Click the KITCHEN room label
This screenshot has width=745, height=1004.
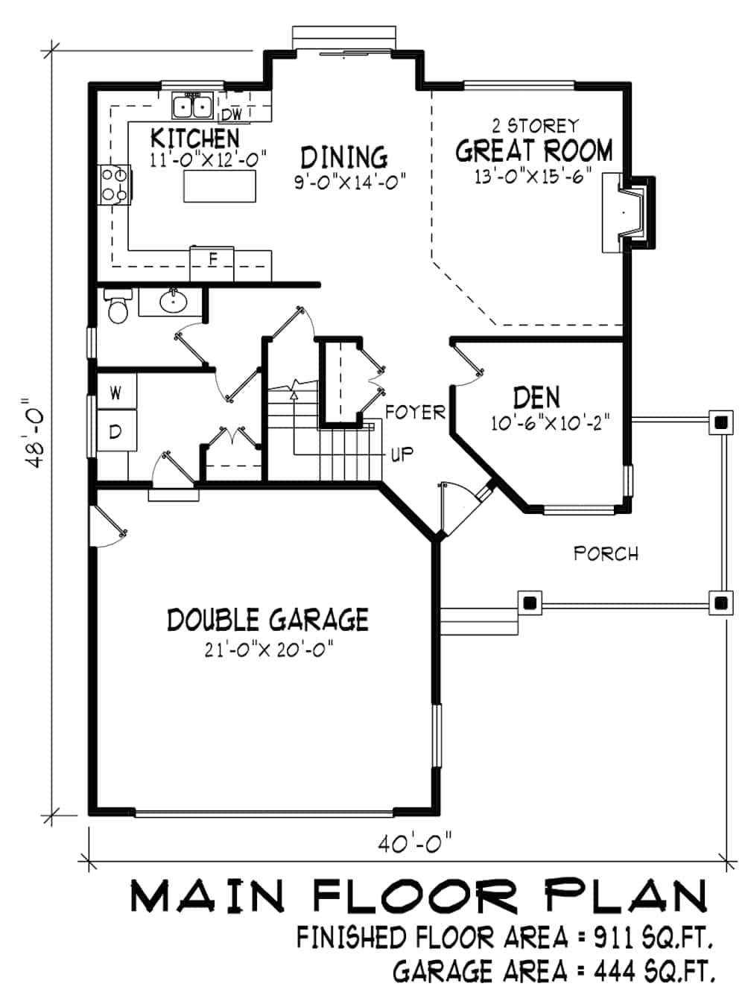click(x=194, y=138)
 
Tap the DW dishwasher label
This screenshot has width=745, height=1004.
click(x=232, y=115)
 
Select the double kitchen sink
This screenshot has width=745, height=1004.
click(x=193, y=107)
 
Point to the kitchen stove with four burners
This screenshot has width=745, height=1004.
click(x=115, y=185)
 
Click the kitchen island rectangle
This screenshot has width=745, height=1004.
click(x=220, y=185)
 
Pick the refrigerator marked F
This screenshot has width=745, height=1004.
click(x=212, y=264)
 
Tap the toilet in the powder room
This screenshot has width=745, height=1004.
click(x=118, y=307)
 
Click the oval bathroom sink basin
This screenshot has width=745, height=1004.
click(x=173, y=302)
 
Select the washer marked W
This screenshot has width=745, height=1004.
click(x=116, y=392)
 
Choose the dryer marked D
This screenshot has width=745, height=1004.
click(x=116, y=430)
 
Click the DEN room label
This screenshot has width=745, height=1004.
click(x=536, y=397)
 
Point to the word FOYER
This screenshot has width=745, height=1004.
click(x=415, y=413)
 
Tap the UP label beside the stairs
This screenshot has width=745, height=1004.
click(x=402, y=454)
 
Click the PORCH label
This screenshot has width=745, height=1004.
click(x=606, y=553)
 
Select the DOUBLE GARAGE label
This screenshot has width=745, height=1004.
click(x=267, y=620)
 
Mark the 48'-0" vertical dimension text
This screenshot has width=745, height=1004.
click(x=34, y=433)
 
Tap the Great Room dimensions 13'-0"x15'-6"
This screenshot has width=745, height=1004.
click(x=533, y=176)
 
